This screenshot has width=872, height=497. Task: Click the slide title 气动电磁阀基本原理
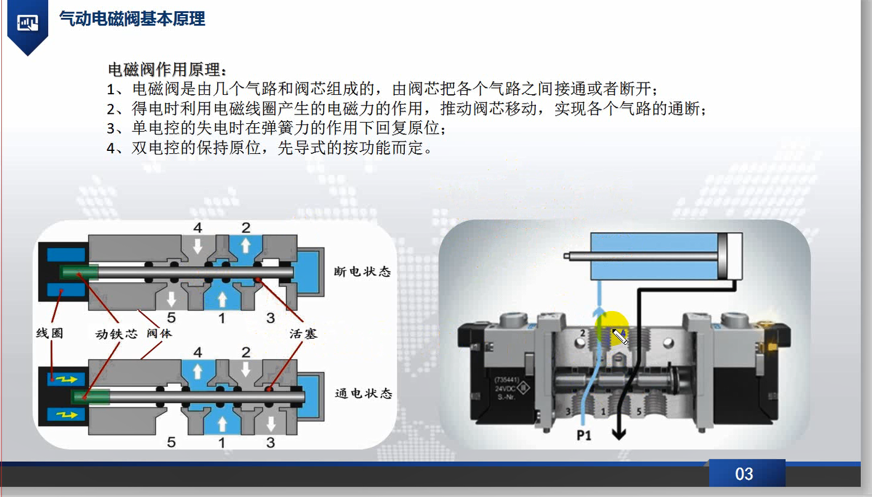(x=132, y=19)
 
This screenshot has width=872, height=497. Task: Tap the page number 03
(x=744, y=474)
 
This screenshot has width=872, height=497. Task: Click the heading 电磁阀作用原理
(x=167, y=68)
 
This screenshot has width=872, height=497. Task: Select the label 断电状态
(x=362, y=272)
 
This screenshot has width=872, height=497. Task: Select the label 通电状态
(x=363, y=393)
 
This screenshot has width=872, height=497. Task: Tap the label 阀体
(x=159, y=334)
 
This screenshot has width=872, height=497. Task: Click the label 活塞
(x=303, y=334)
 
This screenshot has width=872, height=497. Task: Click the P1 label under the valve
(x=584, y=436)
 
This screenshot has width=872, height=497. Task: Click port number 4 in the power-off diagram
(x=198, y=228)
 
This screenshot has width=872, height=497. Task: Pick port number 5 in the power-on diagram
(x=171, y=442)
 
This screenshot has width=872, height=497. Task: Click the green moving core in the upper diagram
(x=79, y=272)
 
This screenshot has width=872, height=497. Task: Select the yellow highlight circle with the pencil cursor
(x=612, y=329)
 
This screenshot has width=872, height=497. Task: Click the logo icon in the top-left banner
(x=27, y=23)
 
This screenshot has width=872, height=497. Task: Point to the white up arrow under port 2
(x=246, y=246)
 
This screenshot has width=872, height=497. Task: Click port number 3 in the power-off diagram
(x=271, y=318)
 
